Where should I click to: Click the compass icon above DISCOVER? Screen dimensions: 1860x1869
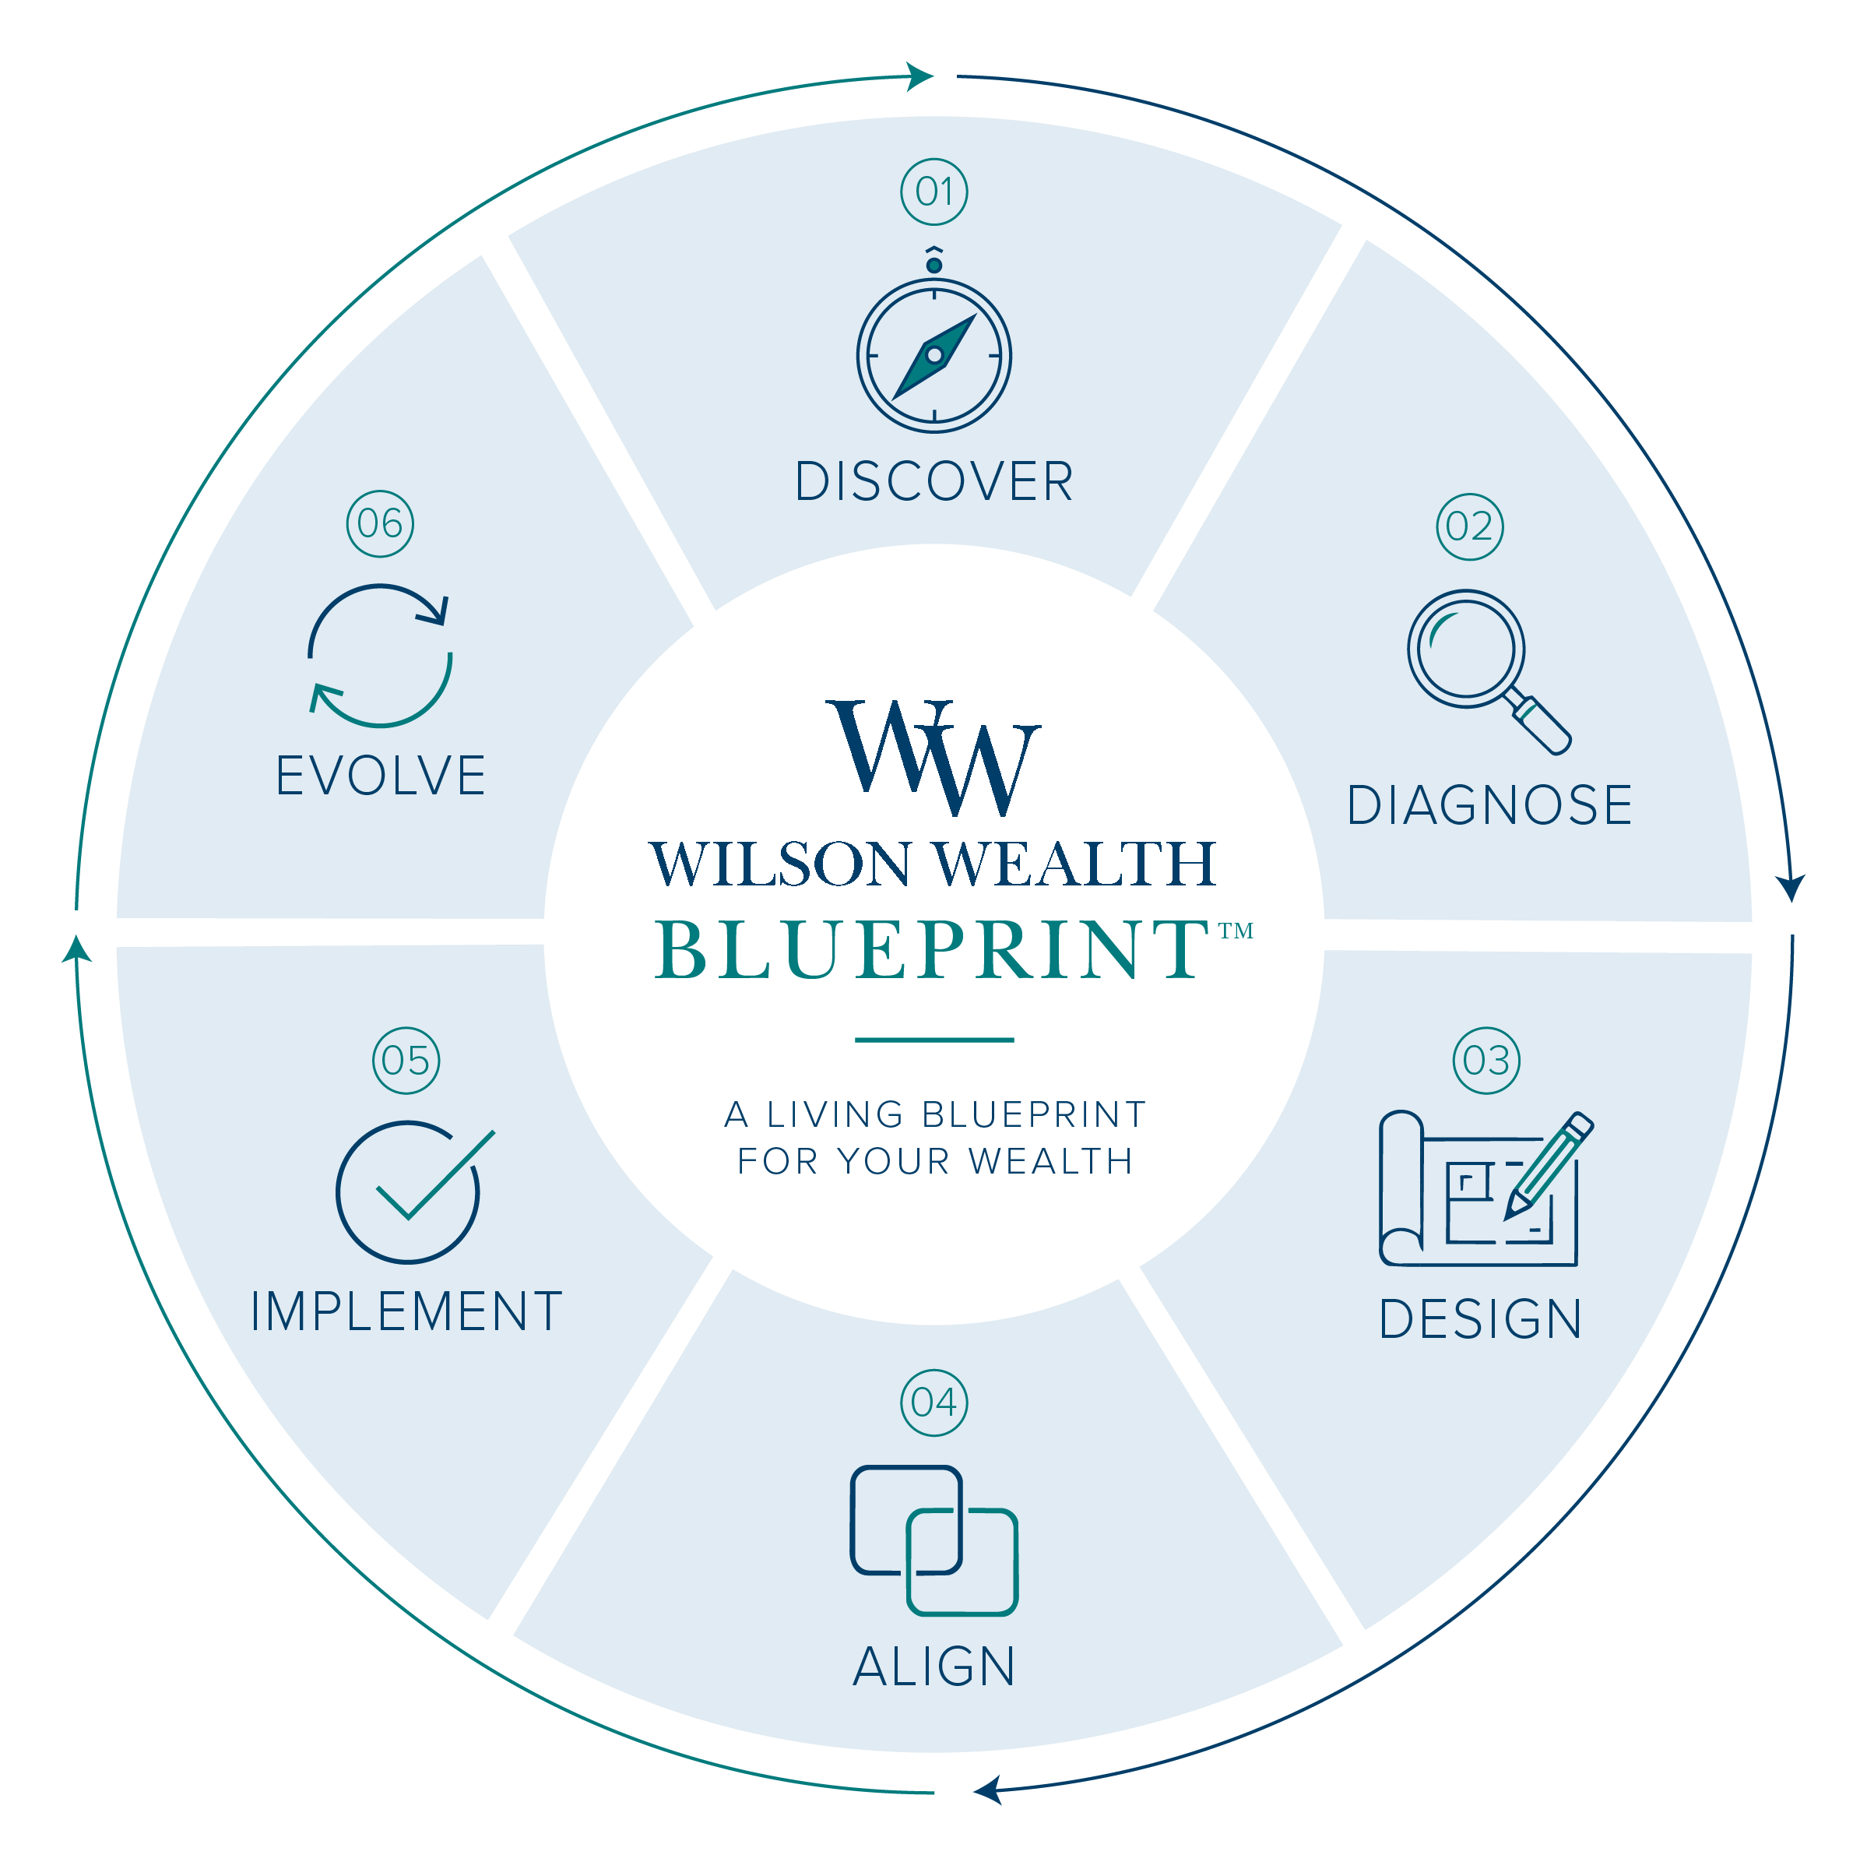[934, 354]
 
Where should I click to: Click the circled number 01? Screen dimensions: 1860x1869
[934, 192]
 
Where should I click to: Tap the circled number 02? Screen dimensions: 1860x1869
[1469, 526]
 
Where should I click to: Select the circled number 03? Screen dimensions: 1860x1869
[1486, 1060]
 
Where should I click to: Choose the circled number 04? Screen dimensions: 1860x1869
[934, 1403]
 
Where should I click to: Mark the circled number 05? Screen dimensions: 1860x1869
[406, 1060]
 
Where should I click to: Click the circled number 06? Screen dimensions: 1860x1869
[380, 523]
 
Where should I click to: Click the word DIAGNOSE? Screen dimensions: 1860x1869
[1489, 806]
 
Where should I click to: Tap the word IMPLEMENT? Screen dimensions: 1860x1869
[406, 1311]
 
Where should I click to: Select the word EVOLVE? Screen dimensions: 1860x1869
[380, 776]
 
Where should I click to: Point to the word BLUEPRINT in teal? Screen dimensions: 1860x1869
[931, 949]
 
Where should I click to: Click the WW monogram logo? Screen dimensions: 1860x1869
[934, 759]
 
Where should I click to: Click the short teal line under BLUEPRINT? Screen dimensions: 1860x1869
[934, 1040]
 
